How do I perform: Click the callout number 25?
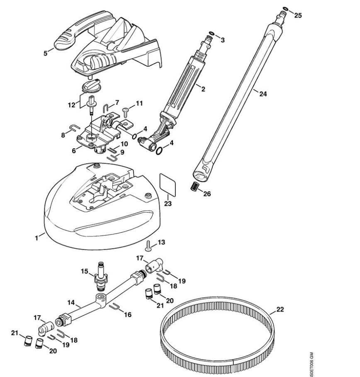click(298, 15)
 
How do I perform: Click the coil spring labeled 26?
click(193, 186)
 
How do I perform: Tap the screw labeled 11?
click(126, 109)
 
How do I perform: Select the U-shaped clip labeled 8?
click(73, 128)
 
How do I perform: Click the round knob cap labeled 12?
click(90, 85)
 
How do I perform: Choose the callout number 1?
click(37, 237)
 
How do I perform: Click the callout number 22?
click(280, 309)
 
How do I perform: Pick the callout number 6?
click(74, 151)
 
